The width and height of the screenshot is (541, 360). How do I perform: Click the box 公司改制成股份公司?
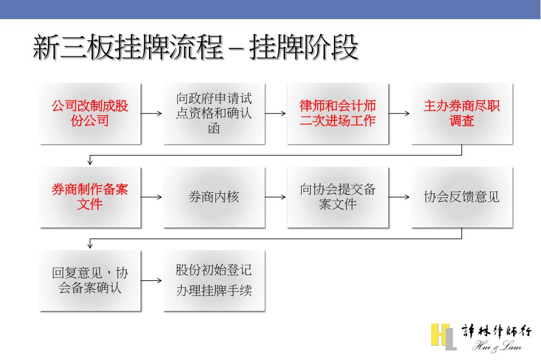90,113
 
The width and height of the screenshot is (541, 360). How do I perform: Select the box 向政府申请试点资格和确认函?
214,113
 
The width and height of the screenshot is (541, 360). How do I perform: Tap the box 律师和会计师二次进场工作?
338,113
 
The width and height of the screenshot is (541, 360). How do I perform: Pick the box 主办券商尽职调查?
462,113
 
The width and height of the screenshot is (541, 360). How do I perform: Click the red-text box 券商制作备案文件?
90,197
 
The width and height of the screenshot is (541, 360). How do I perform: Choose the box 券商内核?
214,197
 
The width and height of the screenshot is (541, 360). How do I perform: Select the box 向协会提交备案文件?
338,197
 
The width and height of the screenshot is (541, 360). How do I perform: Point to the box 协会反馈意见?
462,197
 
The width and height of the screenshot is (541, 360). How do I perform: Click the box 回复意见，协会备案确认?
90,280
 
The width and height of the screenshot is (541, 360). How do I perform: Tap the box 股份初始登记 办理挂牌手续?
214,280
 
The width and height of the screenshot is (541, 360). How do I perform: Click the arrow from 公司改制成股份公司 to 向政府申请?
152,113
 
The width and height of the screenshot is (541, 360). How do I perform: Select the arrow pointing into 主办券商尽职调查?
399,113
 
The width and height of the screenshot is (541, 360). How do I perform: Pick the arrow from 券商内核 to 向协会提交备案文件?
275,197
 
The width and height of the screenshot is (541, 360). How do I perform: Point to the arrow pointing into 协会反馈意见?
399,197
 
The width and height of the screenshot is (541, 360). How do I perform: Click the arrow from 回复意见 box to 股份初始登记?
152,280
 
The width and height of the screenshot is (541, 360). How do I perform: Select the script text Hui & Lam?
497,347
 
